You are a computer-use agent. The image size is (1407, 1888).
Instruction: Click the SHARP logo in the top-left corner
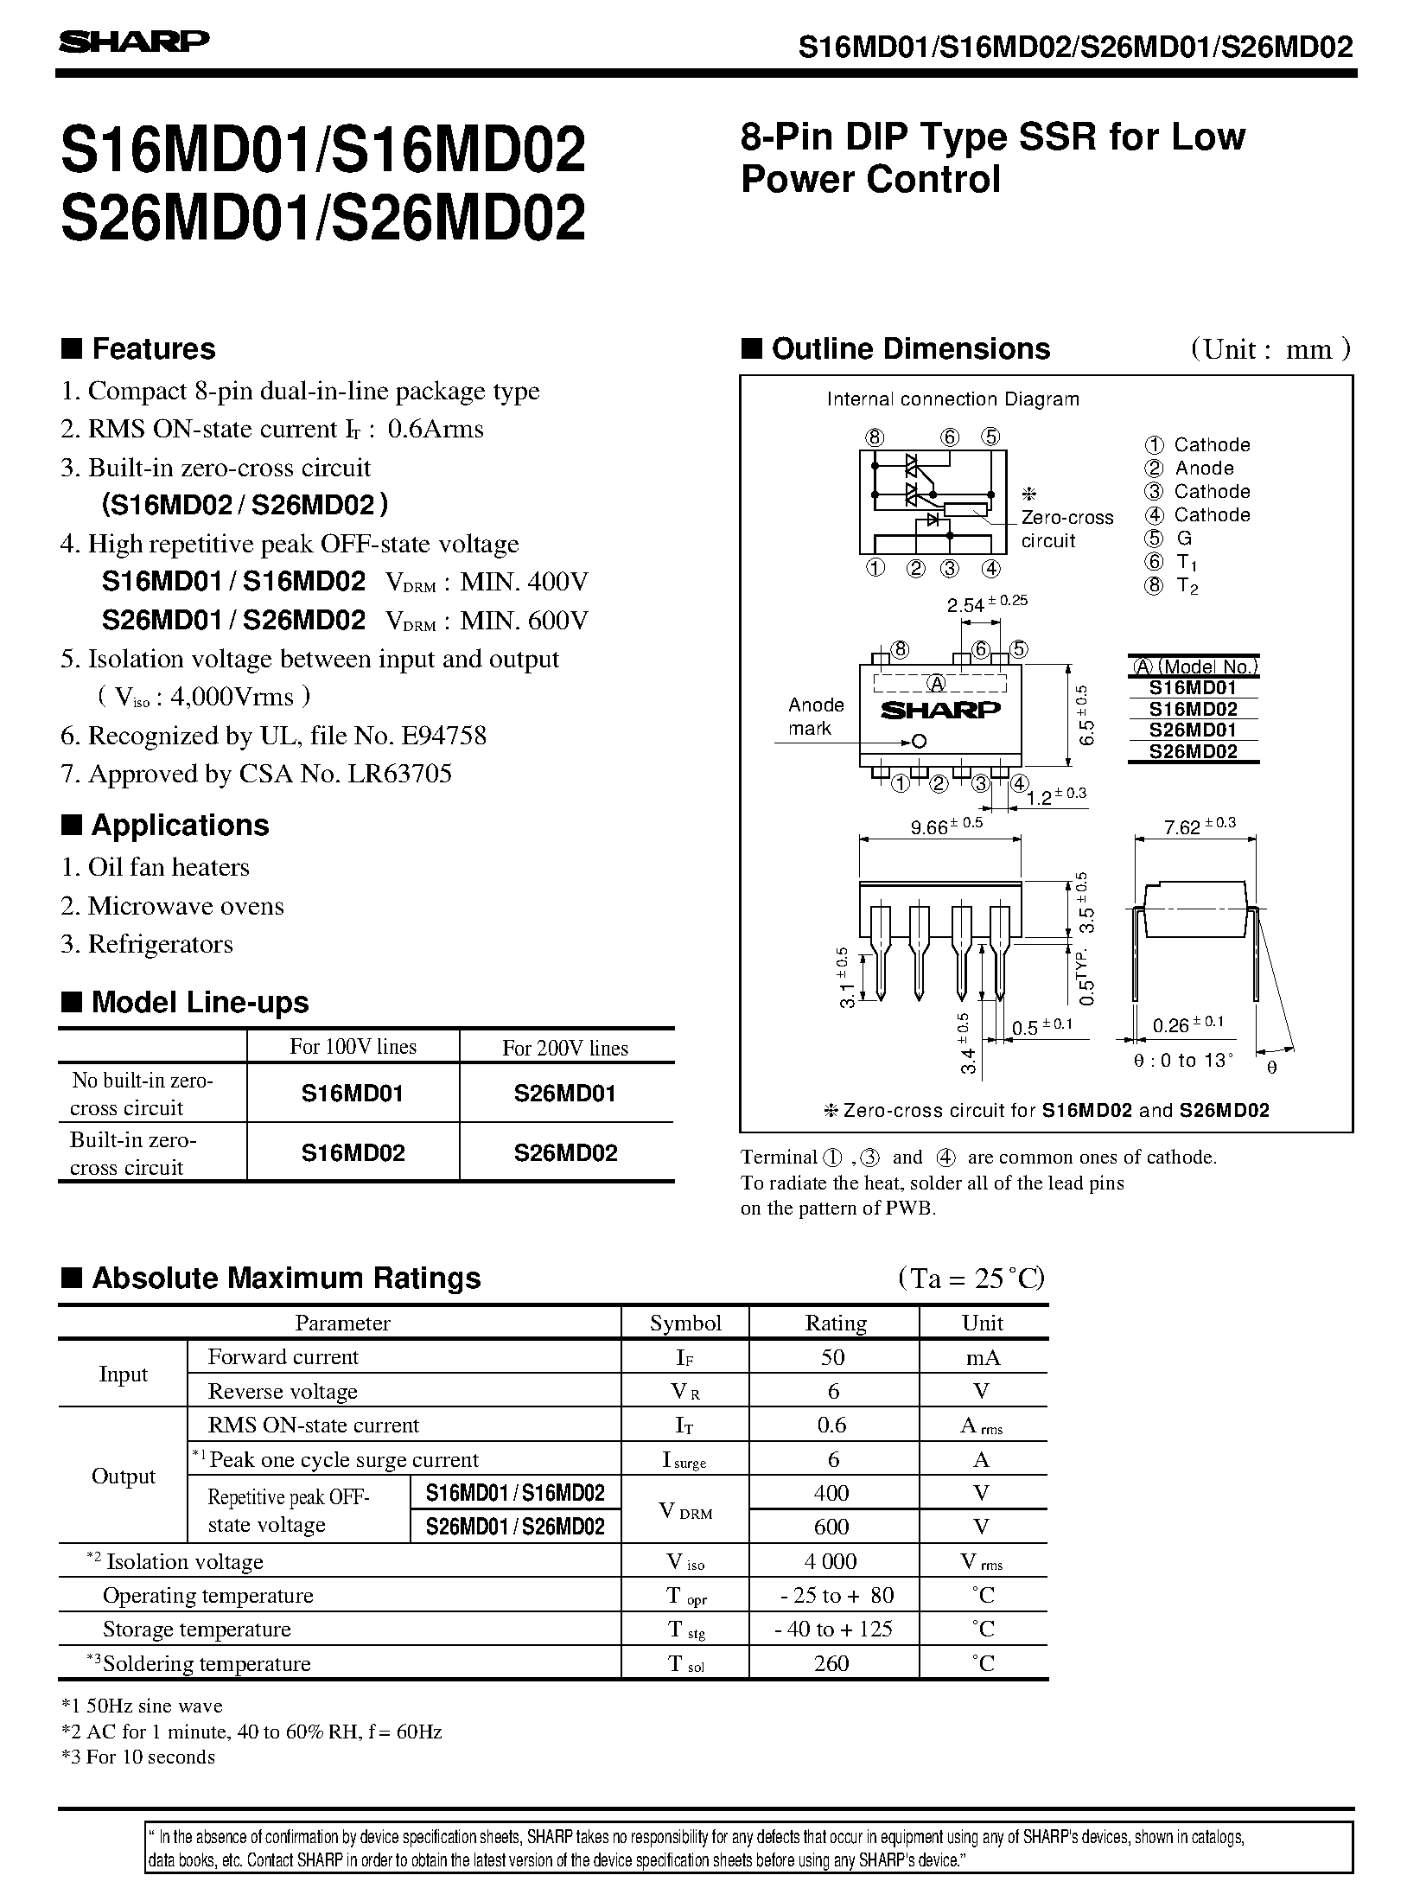point(134,41)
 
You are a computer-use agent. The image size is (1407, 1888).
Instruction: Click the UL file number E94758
point(443,736)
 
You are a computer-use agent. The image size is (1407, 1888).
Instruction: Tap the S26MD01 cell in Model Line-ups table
point(565,1094)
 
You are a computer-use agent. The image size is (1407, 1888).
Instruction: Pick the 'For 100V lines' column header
point(353,1047)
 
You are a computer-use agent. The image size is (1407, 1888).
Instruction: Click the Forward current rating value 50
point(833,1357)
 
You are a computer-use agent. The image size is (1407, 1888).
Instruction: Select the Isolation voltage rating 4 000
point(833,1561)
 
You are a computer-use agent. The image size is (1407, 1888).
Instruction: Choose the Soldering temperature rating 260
point(831,1663)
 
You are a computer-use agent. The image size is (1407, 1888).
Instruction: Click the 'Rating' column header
point(835,1324)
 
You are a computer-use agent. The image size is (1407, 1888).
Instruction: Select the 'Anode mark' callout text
point(816,717)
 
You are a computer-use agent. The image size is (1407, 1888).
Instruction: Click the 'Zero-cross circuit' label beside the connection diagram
point(1066,529)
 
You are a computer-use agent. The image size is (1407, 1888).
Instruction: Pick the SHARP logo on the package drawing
point(940,710)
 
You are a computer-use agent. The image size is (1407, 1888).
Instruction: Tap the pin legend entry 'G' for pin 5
point(1184,538)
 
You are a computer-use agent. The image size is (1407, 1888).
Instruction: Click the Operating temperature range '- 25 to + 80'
point(834,1595)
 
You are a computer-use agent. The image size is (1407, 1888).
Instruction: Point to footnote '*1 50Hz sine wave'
point(142,1706)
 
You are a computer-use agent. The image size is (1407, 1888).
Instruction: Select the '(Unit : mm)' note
point(1270,349)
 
